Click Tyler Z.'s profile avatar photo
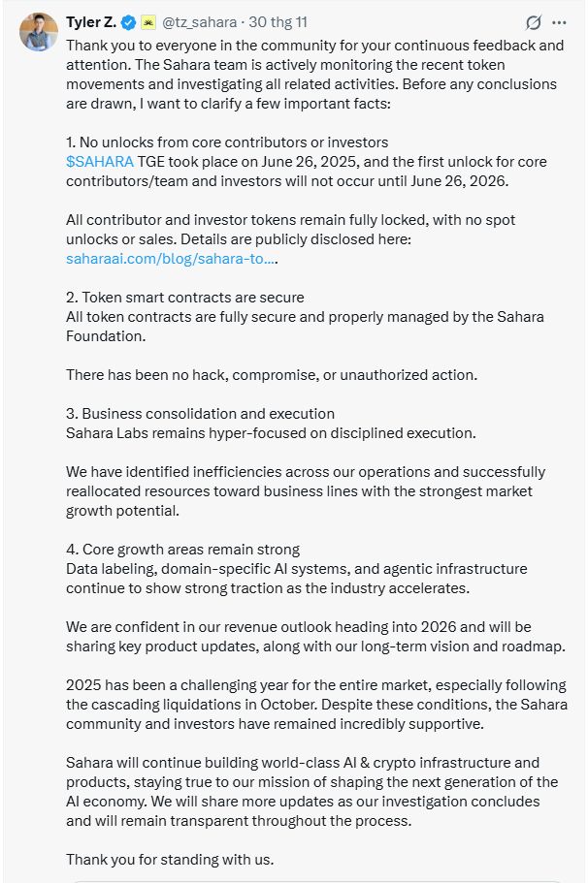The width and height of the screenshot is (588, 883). [x=39, y=33]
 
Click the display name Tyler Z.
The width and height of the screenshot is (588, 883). [x=91, y=22]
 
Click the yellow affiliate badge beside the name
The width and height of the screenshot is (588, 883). [x=148, y=22]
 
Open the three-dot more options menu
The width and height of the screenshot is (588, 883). [x=559, y=22]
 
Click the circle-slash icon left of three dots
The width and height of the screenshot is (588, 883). [x=533, y=22]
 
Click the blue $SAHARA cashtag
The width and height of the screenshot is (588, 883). [x=99, y=161]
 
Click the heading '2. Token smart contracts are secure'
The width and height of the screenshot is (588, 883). [x=184, y=297]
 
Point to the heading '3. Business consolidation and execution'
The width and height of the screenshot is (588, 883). [x=200, y=413]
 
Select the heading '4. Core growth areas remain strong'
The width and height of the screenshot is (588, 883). [x=182, y=550]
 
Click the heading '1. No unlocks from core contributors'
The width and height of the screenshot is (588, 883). [x=227, y=142]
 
